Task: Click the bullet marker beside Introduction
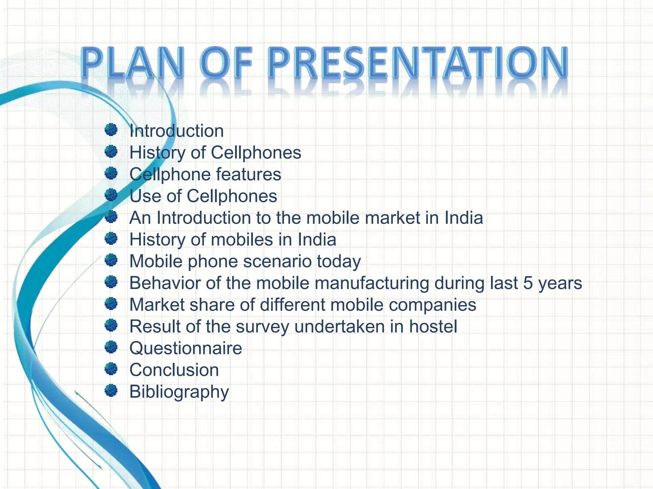pos(111,130)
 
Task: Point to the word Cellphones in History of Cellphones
pos(256,152)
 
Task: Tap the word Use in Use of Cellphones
pos(145,196)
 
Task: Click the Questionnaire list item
pos(186,348)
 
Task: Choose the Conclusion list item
pos(174,370)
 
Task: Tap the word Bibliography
pos(179,392)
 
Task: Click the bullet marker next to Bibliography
pos(111,390)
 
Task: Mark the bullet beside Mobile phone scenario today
pos(111,260)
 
